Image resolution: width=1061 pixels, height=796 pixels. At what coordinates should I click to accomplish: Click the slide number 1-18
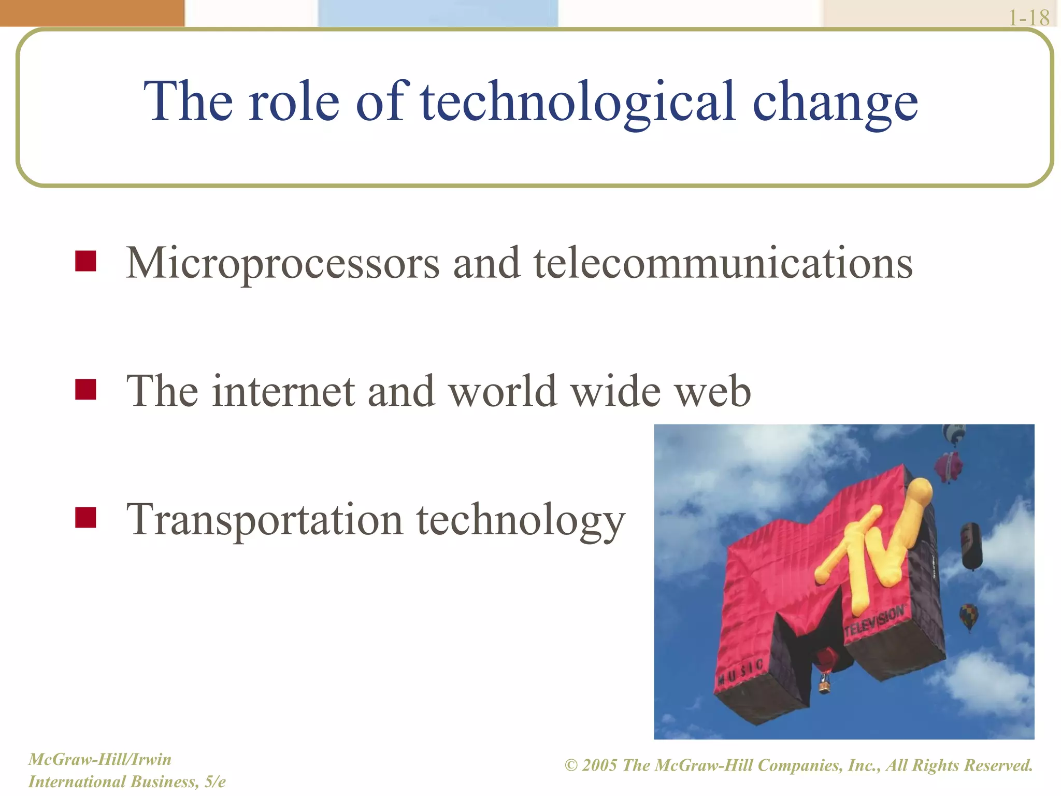tap(1029, 18)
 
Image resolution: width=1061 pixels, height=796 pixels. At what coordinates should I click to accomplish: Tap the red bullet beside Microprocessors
tap(85, 261)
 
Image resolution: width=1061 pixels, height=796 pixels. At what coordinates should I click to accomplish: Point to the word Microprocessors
tap(282, 263)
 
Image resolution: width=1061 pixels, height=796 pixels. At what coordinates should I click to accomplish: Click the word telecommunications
tap(723, 263)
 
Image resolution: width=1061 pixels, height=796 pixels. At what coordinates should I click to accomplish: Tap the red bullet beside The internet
tap(85, 390)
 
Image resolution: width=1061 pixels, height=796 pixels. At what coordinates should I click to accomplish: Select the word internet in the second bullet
tap(283, 391)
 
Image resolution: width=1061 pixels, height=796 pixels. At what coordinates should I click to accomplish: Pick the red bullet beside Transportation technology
tap(85, 517)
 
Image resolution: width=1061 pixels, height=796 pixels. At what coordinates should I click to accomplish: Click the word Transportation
tap(264, 520)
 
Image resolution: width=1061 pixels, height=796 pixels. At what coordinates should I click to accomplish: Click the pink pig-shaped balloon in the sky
tap(949, 465)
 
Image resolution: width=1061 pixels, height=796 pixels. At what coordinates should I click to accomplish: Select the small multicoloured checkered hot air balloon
tap(968, 616)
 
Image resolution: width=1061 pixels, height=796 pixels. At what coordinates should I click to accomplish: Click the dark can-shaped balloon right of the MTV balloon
tap(971, 545)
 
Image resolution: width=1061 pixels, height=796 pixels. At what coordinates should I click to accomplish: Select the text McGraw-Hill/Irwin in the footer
tap(99, 760)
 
